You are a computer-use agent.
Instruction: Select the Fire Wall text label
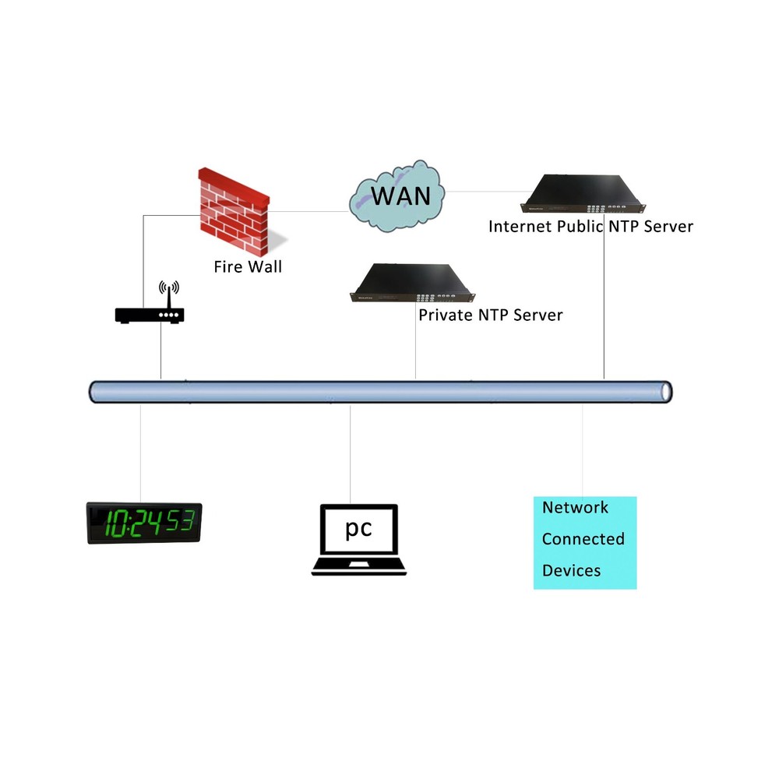(x=248, y=267)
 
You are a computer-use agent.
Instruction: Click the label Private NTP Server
(x=490, y=315)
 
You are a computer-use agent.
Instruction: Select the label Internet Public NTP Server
(x=590, y=227)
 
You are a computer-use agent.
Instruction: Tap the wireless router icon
(x=150, y=315)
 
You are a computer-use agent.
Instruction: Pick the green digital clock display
(x=143, y=523)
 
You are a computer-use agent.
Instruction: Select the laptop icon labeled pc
(x=359, y=540)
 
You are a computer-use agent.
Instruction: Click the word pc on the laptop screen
(x=359, y=529)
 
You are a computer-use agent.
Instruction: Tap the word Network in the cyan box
(x=575, y=508)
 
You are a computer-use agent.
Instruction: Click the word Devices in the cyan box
(x=571, y=570)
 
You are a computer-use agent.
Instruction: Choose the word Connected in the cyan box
(x=583, y=539)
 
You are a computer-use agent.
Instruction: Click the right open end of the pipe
(x=665, y=392)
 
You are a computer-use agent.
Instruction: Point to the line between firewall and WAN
(x=308, y=210)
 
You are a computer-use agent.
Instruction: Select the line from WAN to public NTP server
(x=482, y=191)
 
